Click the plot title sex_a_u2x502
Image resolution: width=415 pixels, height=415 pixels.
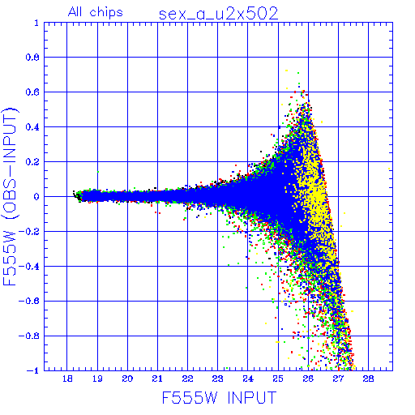click(218, 14)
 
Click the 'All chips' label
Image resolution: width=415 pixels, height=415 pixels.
click(96, 12)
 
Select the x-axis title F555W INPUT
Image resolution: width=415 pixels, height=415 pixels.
click(219, 397)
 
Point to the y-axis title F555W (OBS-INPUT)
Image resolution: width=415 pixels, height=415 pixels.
click(10, 196)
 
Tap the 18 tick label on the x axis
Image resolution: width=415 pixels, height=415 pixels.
click(67, 379)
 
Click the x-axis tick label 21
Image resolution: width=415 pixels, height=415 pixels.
click(157, 379)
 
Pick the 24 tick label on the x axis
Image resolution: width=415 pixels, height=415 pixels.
click(248, 379)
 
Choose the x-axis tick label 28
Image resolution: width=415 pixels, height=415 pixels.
click(368, 379)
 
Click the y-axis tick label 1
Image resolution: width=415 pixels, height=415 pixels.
click(36, 23)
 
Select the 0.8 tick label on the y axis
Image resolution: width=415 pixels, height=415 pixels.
click(32, 58)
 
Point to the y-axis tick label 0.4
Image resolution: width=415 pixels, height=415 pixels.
click(32, 127)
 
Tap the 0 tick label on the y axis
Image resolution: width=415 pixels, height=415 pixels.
click(36, 197)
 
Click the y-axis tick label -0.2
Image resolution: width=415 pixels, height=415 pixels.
click(28, 232)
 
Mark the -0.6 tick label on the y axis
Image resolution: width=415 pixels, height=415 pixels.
click(28, 301)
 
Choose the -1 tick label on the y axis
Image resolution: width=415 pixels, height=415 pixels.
click(32, 370)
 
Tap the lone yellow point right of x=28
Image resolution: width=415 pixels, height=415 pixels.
click(389, 169)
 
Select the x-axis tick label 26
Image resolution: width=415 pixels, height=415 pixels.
click(308, 379)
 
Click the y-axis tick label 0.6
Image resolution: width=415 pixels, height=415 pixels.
click(32, 92)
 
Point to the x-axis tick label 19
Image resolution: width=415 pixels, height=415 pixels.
click(97, 379)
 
